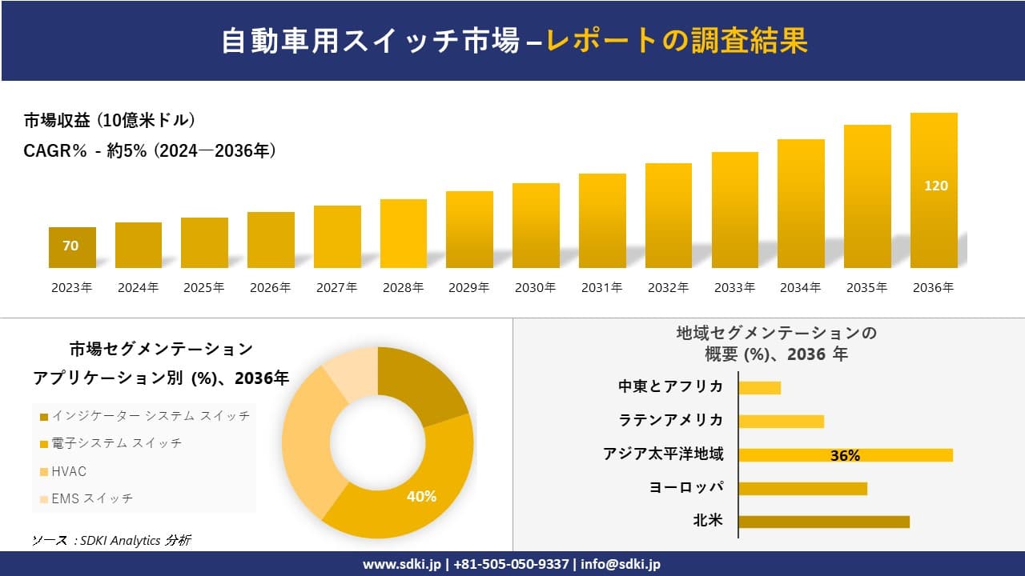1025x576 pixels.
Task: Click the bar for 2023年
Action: [72, 248]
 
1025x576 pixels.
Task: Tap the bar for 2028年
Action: [403, 234]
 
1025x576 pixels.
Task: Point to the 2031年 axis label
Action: [601, 288]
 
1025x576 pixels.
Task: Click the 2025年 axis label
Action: [204, 288]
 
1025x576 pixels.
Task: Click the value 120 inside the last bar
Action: [935, 186]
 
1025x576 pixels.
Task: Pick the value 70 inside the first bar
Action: [70, 246]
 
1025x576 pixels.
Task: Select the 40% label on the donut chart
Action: [421, 497]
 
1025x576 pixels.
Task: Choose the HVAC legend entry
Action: [68, 471]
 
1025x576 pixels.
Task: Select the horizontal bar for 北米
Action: [823, 522]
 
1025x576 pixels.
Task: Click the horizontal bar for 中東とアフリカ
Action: [759, 387]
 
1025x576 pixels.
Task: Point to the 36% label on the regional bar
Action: [845, 455]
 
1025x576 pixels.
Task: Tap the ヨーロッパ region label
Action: [686, 487]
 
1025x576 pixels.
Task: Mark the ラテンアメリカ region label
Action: [671, 420]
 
